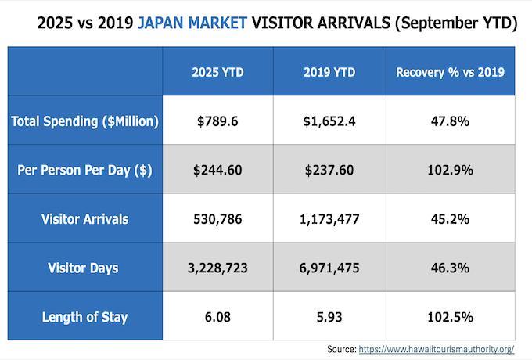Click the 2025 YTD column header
click(218, 72)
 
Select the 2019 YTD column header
click(329, 72)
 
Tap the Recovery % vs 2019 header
click(450, 72)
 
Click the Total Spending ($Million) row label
click(85, 121)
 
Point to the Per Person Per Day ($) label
click(85, 170)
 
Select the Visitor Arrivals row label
click(85, 219)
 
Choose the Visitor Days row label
click(85, 268)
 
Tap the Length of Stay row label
click(85, 317)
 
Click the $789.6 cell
click(218, 121)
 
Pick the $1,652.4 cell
click(329, 121)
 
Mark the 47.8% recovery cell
click(450, 121)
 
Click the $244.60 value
click(218, 170)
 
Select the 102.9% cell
click(450, 170)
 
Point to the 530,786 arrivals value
click(218, 219)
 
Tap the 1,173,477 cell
click(329, 219)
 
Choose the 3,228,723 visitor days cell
click(218, 268)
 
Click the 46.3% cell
click(450, 268)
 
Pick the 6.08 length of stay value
click(218, 317)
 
